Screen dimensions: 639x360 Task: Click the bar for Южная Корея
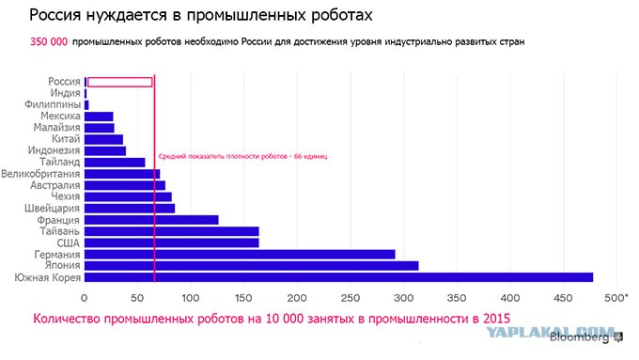(x=338, y=277)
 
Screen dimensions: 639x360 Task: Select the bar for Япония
(x=252, y=266)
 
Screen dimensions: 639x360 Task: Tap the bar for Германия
(x=240, y=255)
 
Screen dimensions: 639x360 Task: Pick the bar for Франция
(x=151, y=220)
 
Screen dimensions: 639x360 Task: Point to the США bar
(x=172, y=243)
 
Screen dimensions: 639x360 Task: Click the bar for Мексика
(x=99, y=117)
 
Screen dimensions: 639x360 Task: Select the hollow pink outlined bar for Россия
(x=120, y=82)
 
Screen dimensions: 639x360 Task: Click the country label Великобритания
(x=40, y=174)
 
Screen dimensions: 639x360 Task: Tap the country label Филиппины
(x=53, y=104)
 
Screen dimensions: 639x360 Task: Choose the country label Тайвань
(x=59, y=231)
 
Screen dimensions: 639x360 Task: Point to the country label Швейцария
(x=53, y=209)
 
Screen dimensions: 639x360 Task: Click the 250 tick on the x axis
(x=351, y=298)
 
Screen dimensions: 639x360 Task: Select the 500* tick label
(x=616, y=298)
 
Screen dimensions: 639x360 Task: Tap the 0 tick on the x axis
(x=84, y=298)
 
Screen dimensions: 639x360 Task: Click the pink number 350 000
(x=49, y=41)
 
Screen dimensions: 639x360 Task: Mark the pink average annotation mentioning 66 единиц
(x=242, y=156)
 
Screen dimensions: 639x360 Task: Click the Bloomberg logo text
(x=579, y=337)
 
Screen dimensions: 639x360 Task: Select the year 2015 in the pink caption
(x=496, y=319)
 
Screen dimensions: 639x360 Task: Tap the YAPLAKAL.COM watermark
(x=551, y=332)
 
